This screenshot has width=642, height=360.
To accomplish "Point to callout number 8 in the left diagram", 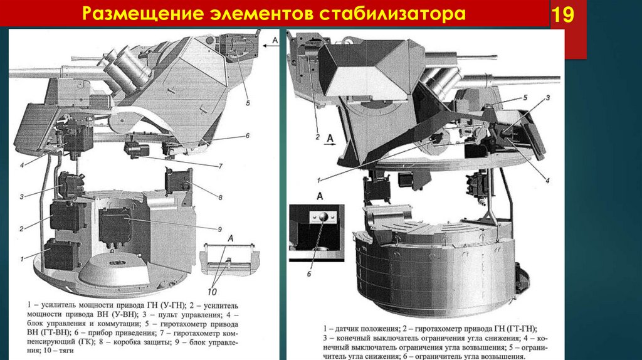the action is (221, 198).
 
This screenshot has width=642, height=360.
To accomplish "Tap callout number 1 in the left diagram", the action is (21, 258).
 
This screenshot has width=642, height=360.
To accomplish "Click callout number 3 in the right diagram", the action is (547, 98).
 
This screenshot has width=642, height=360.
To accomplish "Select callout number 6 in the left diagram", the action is (247, 135).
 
